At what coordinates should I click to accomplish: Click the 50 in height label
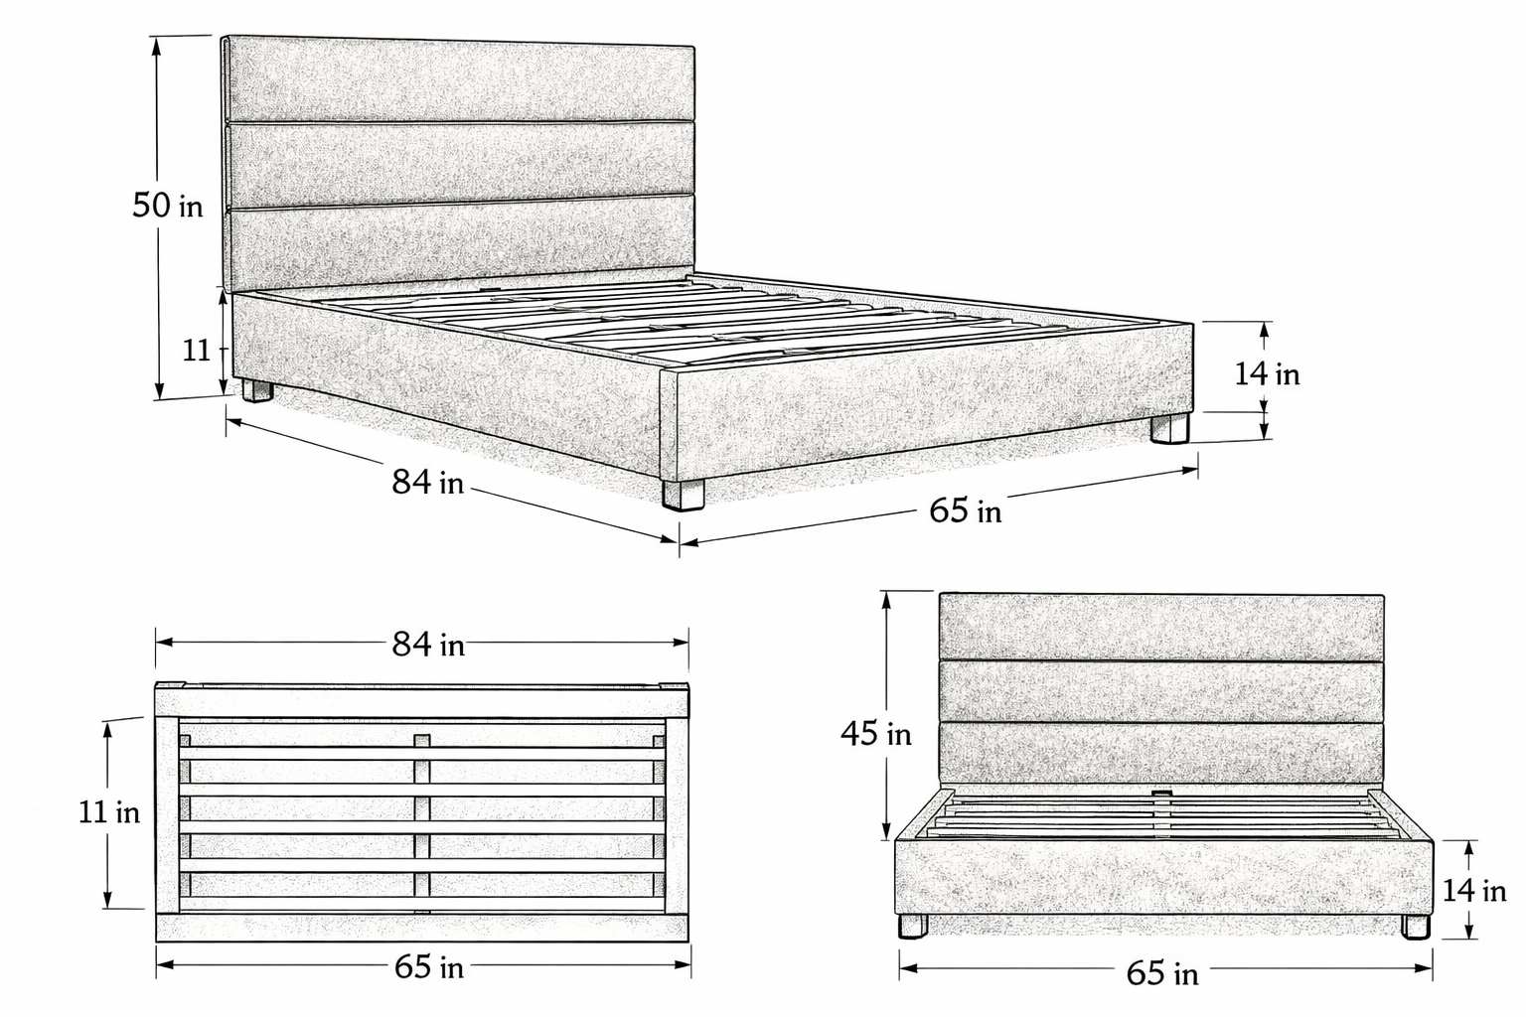coord(167,206)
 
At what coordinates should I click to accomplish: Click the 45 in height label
coord(875,734)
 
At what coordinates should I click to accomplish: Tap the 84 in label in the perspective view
coord(427,483)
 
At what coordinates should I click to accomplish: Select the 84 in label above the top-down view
coord(427,645)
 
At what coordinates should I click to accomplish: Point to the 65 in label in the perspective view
coord(965,510)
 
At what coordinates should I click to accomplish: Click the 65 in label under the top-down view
coord(428,966)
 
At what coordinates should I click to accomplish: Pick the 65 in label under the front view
coord(1161,973)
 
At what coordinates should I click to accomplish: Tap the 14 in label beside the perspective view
coord(1267,374)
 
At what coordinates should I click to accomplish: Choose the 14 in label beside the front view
coord(1474,891)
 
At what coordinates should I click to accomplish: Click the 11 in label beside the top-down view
coord(109,812)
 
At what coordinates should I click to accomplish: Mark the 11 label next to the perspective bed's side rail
coord(196,350)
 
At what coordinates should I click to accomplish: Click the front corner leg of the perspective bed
coord(683,494)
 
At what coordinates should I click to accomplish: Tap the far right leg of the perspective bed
coord(1169,428)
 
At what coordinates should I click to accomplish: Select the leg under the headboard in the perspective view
coord(257,390)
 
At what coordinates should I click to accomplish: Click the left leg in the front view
coord(912,927)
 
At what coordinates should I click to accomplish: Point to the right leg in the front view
coord(1416,927)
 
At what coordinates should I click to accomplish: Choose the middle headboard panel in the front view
coord(1161,690)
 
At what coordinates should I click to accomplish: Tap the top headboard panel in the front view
coord(1161,626)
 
